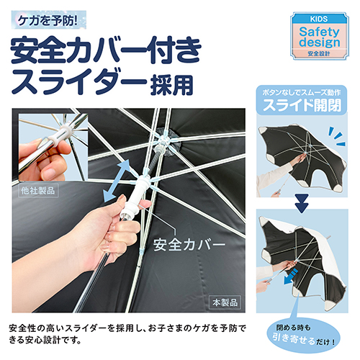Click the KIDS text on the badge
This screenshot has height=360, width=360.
319,19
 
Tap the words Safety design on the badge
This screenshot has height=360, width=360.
320,37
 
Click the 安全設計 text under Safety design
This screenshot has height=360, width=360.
319,53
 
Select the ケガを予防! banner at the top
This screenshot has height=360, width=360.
49,20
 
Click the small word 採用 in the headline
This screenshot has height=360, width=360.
172,85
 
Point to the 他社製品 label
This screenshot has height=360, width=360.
38,191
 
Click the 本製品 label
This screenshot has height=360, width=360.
225,302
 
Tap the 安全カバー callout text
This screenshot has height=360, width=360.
189,245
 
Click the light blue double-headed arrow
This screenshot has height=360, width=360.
117,181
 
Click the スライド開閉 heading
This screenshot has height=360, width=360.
302,105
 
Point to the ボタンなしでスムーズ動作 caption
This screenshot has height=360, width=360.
302,92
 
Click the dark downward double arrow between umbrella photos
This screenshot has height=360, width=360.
302,203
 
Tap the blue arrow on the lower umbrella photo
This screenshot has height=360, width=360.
290,276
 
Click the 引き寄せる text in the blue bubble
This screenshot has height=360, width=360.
294,339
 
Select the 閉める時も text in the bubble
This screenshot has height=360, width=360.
293,328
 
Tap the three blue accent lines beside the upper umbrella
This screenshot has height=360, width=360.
337,137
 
